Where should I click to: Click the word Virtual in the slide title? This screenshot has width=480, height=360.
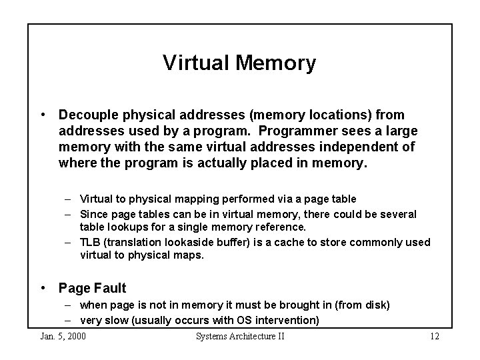195,63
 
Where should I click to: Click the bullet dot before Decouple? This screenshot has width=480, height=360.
43,115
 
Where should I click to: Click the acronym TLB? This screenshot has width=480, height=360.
91,242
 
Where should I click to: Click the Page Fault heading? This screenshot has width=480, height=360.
92,289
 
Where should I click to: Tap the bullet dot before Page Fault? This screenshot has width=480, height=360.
43,289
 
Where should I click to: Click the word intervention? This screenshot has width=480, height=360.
287,321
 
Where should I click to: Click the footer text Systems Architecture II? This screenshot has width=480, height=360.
240,336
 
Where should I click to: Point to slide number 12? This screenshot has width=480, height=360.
434,336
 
